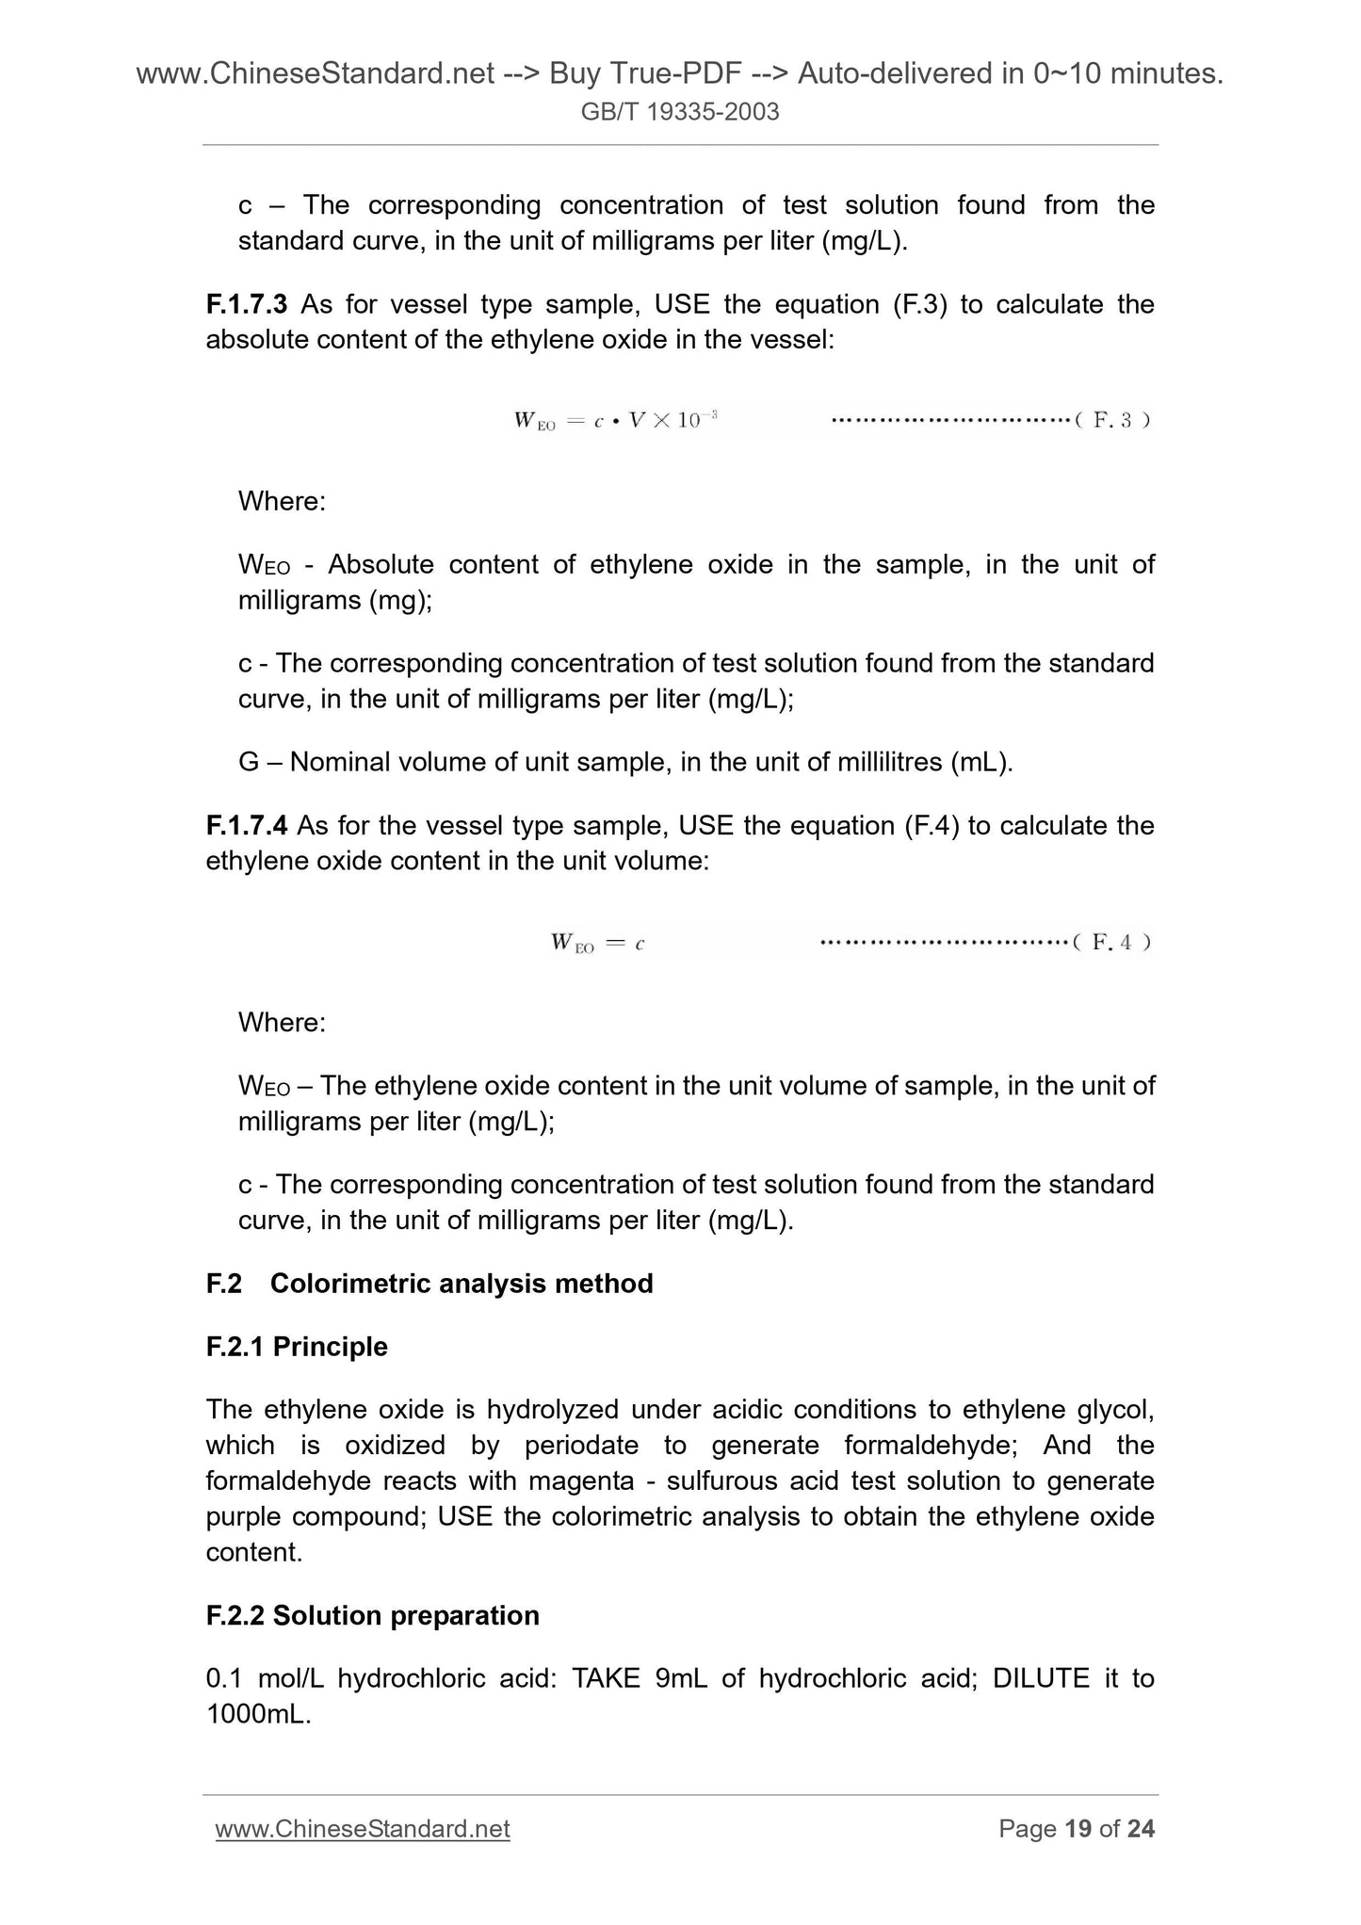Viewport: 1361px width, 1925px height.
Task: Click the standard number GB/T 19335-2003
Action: tap(680, 112)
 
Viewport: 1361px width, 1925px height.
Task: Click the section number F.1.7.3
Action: tap(246, 304)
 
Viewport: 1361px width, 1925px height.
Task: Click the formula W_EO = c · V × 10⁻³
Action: tap(616, 420)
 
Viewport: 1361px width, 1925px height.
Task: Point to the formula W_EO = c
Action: tap(597, 942)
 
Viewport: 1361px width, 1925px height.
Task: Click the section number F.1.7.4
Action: tap(246, 826)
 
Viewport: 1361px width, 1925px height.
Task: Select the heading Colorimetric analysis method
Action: tap(462, 1284)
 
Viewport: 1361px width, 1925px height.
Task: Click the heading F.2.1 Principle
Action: tap(297, 1347)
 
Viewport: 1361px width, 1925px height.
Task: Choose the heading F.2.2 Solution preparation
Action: tap(372, 1615)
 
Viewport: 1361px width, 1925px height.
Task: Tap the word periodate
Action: tap(581, 1446)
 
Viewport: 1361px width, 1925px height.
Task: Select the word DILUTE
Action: tap(1041, 1678)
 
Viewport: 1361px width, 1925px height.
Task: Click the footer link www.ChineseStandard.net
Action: tap(363, 1829)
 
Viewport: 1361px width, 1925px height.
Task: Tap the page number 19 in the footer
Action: tap(1077, 1829)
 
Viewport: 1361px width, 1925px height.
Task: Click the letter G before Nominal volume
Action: tap(249, 762)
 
